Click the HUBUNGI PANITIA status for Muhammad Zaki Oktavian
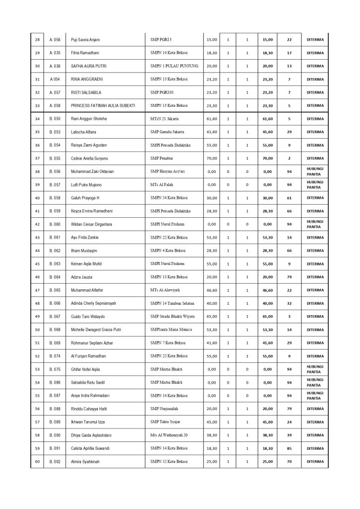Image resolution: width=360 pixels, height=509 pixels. (x=315, y=171)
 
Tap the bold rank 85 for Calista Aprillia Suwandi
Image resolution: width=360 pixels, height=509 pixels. (x=289, y=448)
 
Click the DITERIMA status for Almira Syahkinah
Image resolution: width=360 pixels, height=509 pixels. (x=315, y=461)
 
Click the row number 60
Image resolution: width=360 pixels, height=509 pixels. (x=37, y=461)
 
